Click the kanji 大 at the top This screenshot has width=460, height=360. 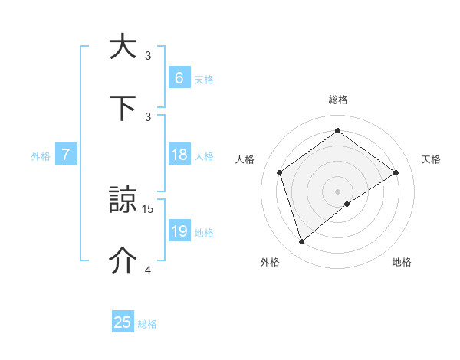coord(123,47)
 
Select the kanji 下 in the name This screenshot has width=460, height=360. coord(123,108)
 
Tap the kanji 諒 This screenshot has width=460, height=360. coord(123,201)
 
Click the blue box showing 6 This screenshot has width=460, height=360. coord(179,77)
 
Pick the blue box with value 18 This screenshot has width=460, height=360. coord(179,155)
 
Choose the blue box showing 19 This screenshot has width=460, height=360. coord(179,231)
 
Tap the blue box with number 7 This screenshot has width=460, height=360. coord(66,155)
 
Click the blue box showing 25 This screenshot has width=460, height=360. coord(123,322)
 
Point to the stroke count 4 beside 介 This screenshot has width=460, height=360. coord(148,270)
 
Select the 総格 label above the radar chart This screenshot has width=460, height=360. coord(337,100)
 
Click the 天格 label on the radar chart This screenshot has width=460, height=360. coord(431,159)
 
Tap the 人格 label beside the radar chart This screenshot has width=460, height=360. coord(245,159)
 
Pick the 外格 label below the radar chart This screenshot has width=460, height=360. coord(270,262)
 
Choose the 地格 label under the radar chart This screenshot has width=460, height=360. coord(402,262)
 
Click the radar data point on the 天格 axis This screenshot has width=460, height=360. coord(396,172)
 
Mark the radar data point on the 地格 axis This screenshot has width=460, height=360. coord(347,204)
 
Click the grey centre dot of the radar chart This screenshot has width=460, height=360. coord(337,191)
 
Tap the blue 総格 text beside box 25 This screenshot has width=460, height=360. coord(147,324)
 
